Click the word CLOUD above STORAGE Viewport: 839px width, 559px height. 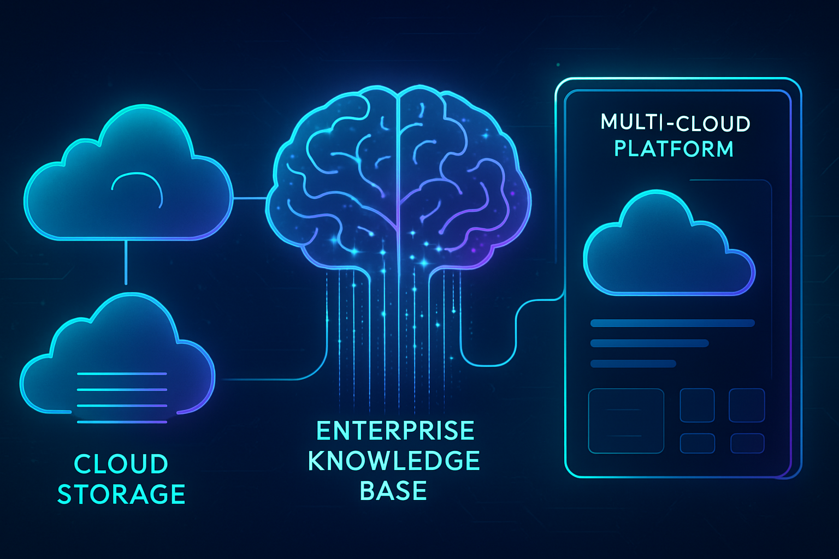click(x=121, y=465)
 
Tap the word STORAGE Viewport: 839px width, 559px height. click(x=121, y=495)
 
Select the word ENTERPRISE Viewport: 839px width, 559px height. click(x=395, y=431)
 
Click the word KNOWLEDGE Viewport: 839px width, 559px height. click(x=394, y=461)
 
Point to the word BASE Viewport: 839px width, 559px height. click(x=393, y=491)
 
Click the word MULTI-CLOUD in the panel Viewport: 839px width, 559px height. click(x=675, y=123)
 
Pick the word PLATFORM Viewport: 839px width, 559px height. click(x=673, y=148)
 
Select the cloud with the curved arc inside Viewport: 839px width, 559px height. click(x=128, y=180)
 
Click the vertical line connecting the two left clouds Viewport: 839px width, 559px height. click(x=126, y=262)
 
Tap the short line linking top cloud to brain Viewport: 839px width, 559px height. click(x=250, y=198)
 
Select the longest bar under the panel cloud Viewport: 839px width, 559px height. click(x=672, y=323)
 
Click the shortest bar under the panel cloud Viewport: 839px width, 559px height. click(x=633, y=364)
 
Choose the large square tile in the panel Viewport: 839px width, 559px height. click(x=625, y=421)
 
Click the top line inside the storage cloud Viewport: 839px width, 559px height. click(x=122, y=374)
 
